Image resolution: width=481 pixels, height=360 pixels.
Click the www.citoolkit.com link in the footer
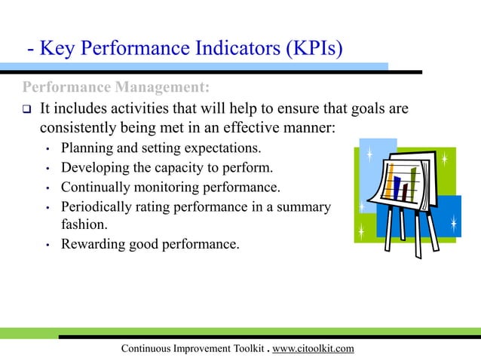pos(312,348)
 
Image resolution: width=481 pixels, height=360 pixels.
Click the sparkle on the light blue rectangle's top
pos(369,155)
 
